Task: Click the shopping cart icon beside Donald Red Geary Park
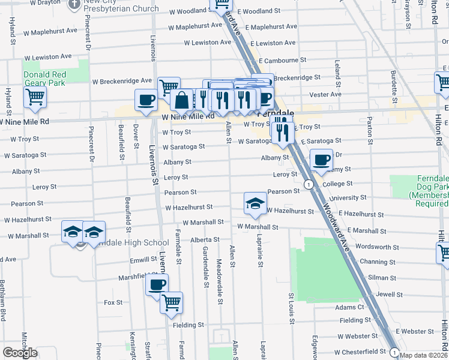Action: pos(35,97)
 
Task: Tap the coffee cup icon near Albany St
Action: pos(322,160)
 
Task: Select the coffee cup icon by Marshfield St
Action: pos(157,284)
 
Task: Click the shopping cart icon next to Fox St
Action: pos(172,302)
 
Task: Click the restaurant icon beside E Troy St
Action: pos(282,130)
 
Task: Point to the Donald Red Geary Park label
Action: pos(44,79)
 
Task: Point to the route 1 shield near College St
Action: pos(307,184)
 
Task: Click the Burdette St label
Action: pos(394,81)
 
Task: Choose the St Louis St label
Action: pos(291,308)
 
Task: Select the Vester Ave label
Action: pos(325,94)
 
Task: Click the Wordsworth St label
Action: pos(377,247)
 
